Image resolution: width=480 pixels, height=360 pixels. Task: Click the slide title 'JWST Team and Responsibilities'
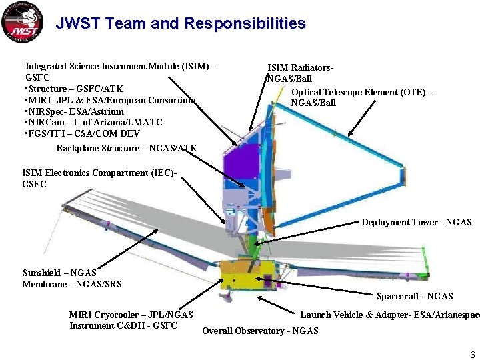click(x=181, y=24)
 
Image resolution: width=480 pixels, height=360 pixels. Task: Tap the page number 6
click(x=472, y=355)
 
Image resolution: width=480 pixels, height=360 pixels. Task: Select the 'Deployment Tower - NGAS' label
click(x=416, y=223)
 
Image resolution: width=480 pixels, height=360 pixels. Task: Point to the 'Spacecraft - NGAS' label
click(x=414, y=296)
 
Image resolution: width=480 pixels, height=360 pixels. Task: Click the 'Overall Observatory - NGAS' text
click(x=260, y=331)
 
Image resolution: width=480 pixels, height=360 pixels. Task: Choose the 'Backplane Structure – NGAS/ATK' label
click(x=127, y=148)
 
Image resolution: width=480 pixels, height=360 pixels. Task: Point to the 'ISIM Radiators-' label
click(x=300, y=68)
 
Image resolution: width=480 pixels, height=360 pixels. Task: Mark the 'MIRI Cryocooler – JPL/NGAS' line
click(x=131, y=315)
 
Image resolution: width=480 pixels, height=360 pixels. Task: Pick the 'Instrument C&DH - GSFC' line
click(x=123, y=325)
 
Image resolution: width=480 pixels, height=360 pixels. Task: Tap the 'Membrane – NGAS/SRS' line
click(x=72, y=284)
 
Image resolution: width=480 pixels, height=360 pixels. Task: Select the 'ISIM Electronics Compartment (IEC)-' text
click(x=99, y=173)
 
